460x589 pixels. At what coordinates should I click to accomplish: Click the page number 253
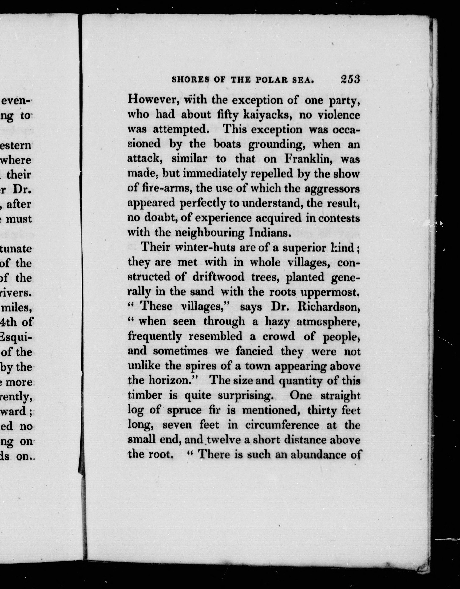pos(350,79)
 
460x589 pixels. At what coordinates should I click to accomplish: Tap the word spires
pos(196,366)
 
